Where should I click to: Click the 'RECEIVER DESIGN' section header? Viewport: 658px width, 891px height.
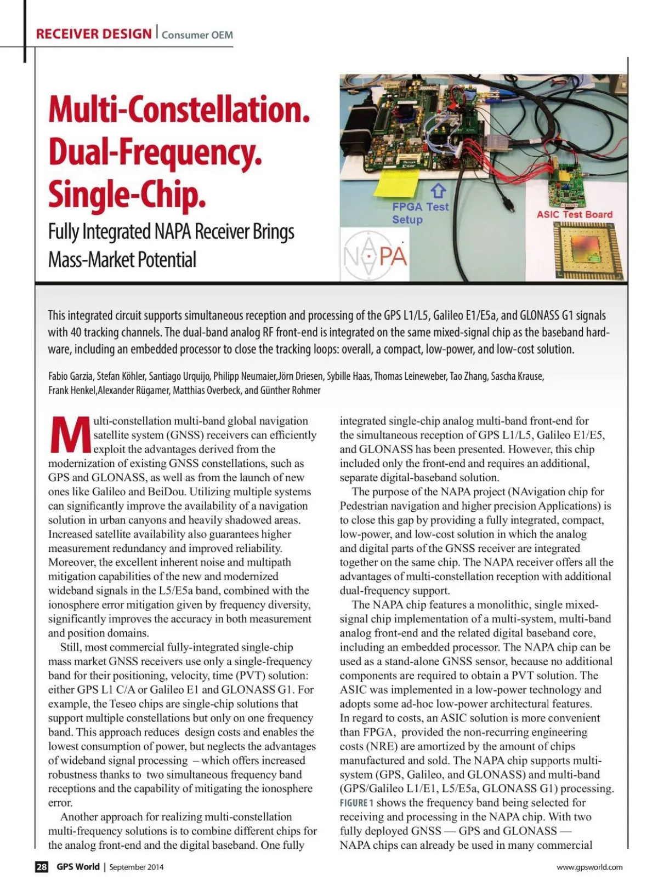[x=93, y=34]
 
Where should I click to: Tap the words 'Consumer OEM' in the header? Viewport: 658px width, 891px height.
[x=197, y=35]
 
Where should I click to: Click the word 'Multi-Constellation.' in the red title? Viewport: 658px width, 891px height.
[x=179, y=110]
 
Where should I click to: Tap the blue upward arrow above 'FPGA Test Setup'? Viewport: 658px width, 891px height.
[x=438, y=191]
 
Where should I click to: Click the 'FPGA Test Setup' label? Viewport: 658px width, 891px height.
[x=420, y=213]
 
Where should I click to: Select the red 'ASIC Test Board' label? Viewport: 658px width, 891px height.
[x=574, y=215]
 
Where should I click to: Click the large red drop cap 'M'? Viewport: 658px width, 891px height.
[x=69, y=435]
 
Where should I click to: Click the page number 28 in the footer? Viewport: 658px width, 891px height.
[x=42, y=867]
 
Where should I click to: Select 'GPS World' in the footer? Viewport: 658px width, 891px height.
[x=78, y=867]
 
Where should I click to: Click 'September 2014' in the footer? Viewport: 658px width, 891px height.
[x=136, y=867]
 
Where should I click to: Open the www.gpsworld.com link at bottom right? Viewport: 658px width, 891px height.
[x=589, y=867]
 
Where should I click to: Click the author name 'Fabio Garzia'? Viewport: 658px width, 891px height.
[x=71, y=376]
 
